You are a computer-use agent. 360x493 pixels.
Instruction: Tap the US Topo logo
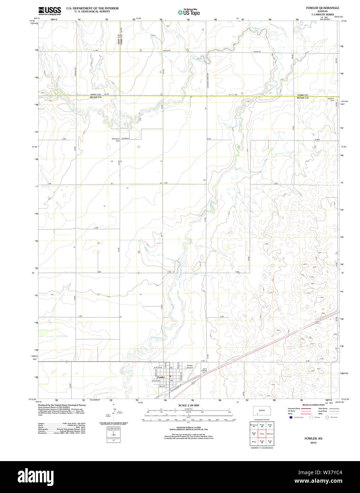(x=189, y=12)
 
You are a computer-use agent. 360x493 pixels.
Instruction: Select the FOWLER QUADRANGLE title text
(x=322, y=8)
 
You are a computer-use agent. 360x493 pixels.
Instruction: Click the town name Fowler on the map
(x=161, y=377)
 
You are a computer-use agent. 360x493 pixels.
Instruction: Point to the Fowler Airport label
(x=190, y=366)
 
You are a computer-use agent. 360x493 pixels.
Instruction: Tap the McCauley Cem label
(x=116, y=139)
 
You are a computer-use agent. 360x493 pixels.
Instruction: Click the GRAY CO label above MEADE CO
(x=96, y=94)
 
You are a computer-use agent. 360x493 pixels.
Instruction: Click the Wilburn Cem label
(x=331, y=99)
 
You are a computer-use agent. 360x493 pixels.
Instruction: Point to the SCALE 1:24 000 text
(x=189, y=405)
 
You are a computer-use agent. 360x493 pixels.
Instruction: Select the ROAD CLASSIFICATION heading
(x=313, y=405)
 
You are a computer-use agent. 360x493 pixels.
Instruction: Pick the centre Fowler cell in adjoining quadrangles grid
(x=262, y=433)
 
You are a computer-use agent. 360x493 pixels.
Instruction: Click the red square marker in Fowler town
(x=170, y=376)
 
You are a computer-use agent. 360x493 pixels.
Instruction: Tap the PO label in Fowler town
(x=171, y=381)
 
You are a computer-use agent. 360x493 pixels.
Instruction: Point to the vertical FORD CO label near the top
(x=121, y=39)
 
